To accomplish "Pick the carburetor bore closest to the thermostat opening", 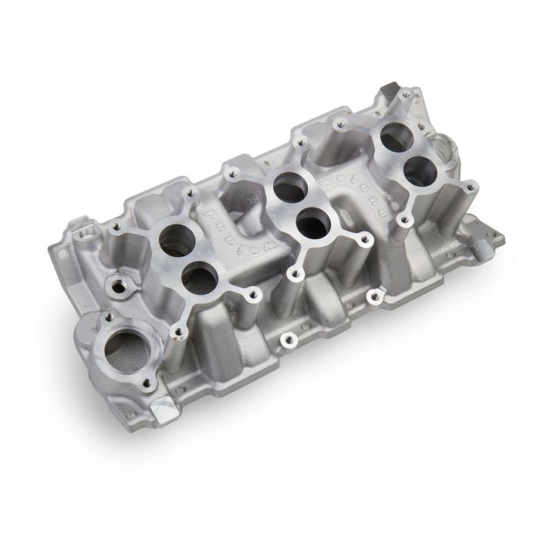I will (x=198, y=277).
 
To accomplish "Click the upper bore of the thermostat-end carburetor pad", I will (x=177, y=240).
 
